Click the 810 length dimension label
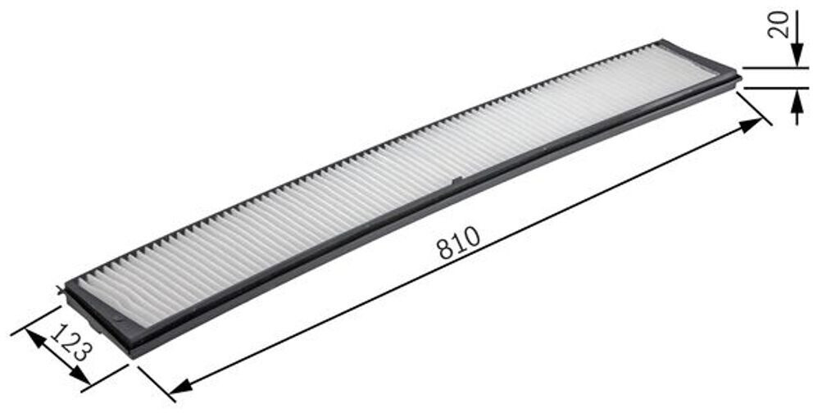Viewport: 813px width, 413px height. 457,243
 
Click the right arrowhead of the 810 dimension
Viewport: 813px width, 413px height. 752,125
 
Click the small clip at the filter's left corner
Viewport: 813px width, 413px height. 62,288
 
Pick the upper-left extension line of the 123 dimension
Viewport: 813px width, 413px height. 37,320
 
